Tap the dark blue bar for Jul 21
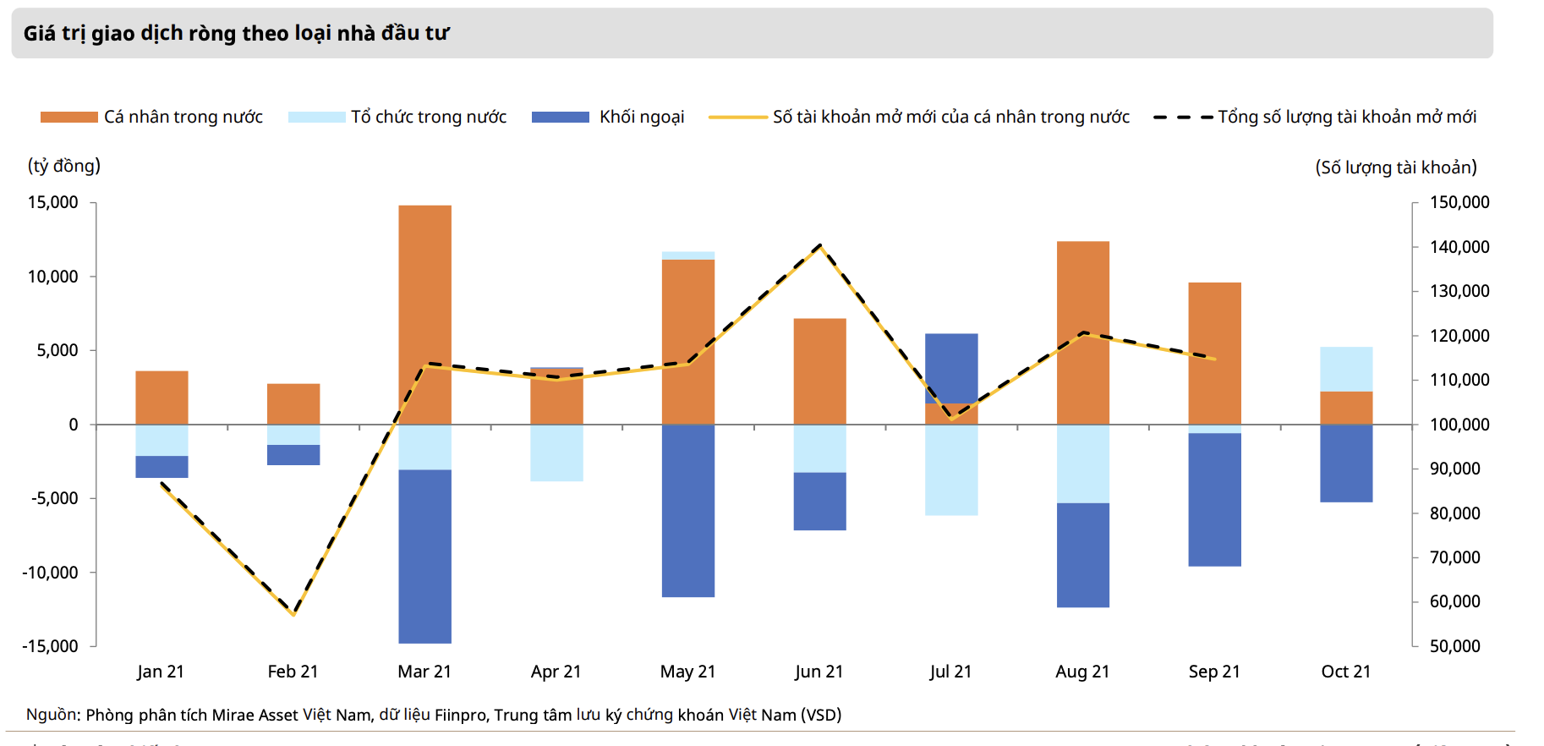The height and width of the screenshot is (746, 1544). pyautogui.click(x=951, y=368)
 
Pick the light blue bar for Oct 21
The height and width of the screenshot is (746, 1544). pyautogui.click(x=1346, y=369)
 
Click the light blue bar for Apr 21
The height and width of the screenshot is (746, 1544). pyautogui.click(x=556, y=453)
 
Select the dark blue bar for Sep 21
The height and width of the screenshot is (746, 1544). pyautogui.click(x=1214, y=499)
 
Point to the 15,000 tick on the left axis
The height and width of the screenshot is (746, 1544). pyautogui.click(x=53, y=202)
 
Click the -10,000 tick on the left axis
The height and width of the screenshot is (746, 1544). pyautogui.click(x=50, y=573)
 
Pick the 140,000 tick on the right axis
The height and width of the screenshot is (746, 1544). pyautogui.click(x=1459, y=247)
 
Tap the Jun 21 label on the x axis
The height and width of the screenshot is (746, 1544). pyautogui.click(x=819, y=672)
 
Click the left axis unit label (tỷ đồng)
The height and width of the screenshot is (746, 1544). pyautogui.click(x=64, y=166)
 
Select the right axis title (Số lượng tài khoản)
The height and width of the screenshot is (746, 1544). pyautogui.click(x=1395, y=167)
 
